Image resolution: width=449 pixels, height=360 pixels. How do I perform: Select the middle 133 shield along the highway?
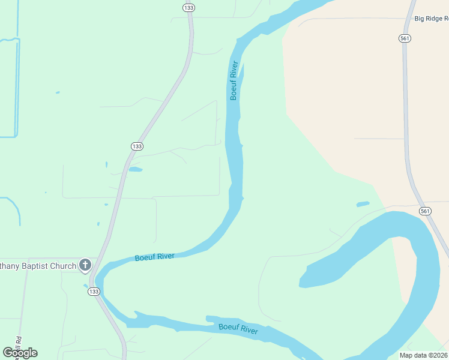click(x=137, y=146)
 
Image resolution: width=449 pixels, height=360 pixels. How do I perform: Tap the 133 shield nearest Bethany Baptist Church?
click(x=93, y=292)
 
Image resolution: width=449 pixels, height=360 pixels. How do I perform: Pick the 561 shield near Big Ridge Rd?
click(x=405, y=38)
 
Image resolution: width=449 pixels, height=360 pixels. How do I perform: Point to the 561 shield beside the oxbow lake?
click(x=425, y=211)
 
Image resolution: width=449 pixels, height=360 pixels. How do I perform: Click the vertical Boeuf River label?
click(x=235, y=80)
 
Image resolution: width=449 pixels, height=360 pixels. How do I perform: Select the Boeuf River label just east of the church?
click(x=155, y=257)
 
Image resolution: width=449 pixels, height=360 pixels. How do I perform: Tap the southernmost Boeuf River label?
click(x=238, y=328)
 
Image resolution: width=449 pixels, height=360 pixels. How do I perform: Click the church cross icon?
click(x=85, y=265)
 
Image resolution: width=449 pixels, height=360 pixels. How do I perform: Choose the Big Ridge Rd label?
click(x=431, y=19)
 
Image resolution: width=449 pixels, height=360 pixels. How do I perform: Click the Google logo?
click(x=20, y=353)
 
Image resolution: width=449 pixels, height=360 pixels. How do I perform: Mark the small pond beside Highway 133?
click(x=135, y=170)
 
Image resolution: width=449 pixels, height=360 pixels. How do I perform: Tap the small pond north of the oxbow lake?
click(x=363, y=204)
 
